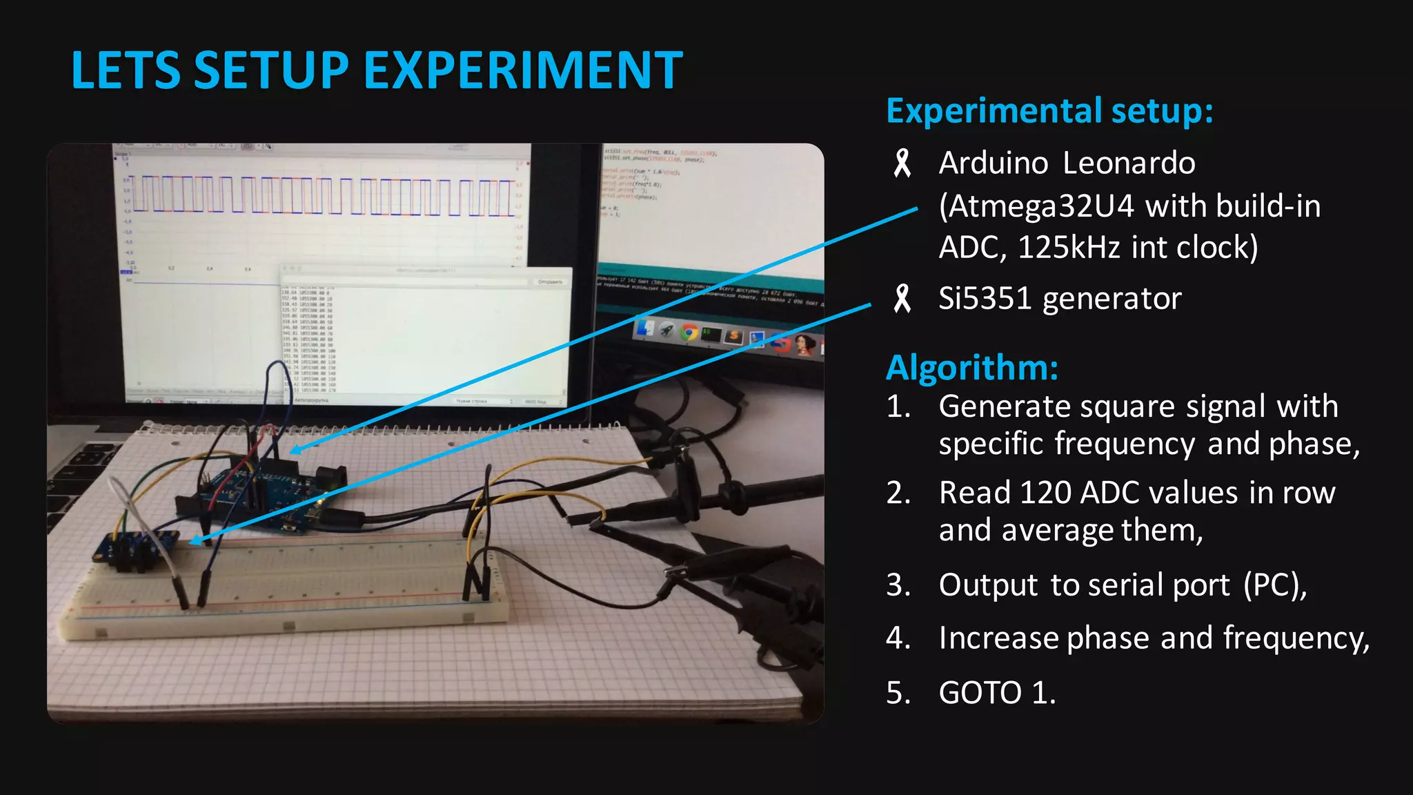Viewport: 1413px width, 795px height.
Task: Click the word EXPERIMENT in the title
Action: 522,70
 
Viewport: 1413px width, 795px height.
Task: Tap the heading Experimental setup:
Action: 1049,111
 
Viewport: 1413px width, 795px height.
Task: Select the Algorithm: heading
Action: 971,367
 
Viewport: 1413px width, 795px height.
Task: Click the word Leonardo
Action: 1129,164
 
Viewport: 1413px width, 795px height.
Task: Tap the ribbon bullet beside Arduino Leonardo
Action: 902,164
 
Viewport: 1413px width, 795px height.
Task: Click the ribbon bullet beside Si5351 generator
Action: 902,299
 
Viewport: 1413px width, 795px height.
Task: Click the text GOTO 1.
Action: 997,692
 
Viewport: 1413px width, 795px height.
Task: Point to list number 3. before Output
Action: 898,585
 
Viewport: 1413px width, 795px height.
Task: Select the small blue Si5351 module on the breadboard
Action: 131,547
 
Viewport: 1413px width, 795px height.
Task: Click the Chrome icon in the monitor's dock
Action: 689,333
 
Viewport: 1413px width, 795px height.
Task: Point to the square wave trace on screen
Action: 324,195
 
